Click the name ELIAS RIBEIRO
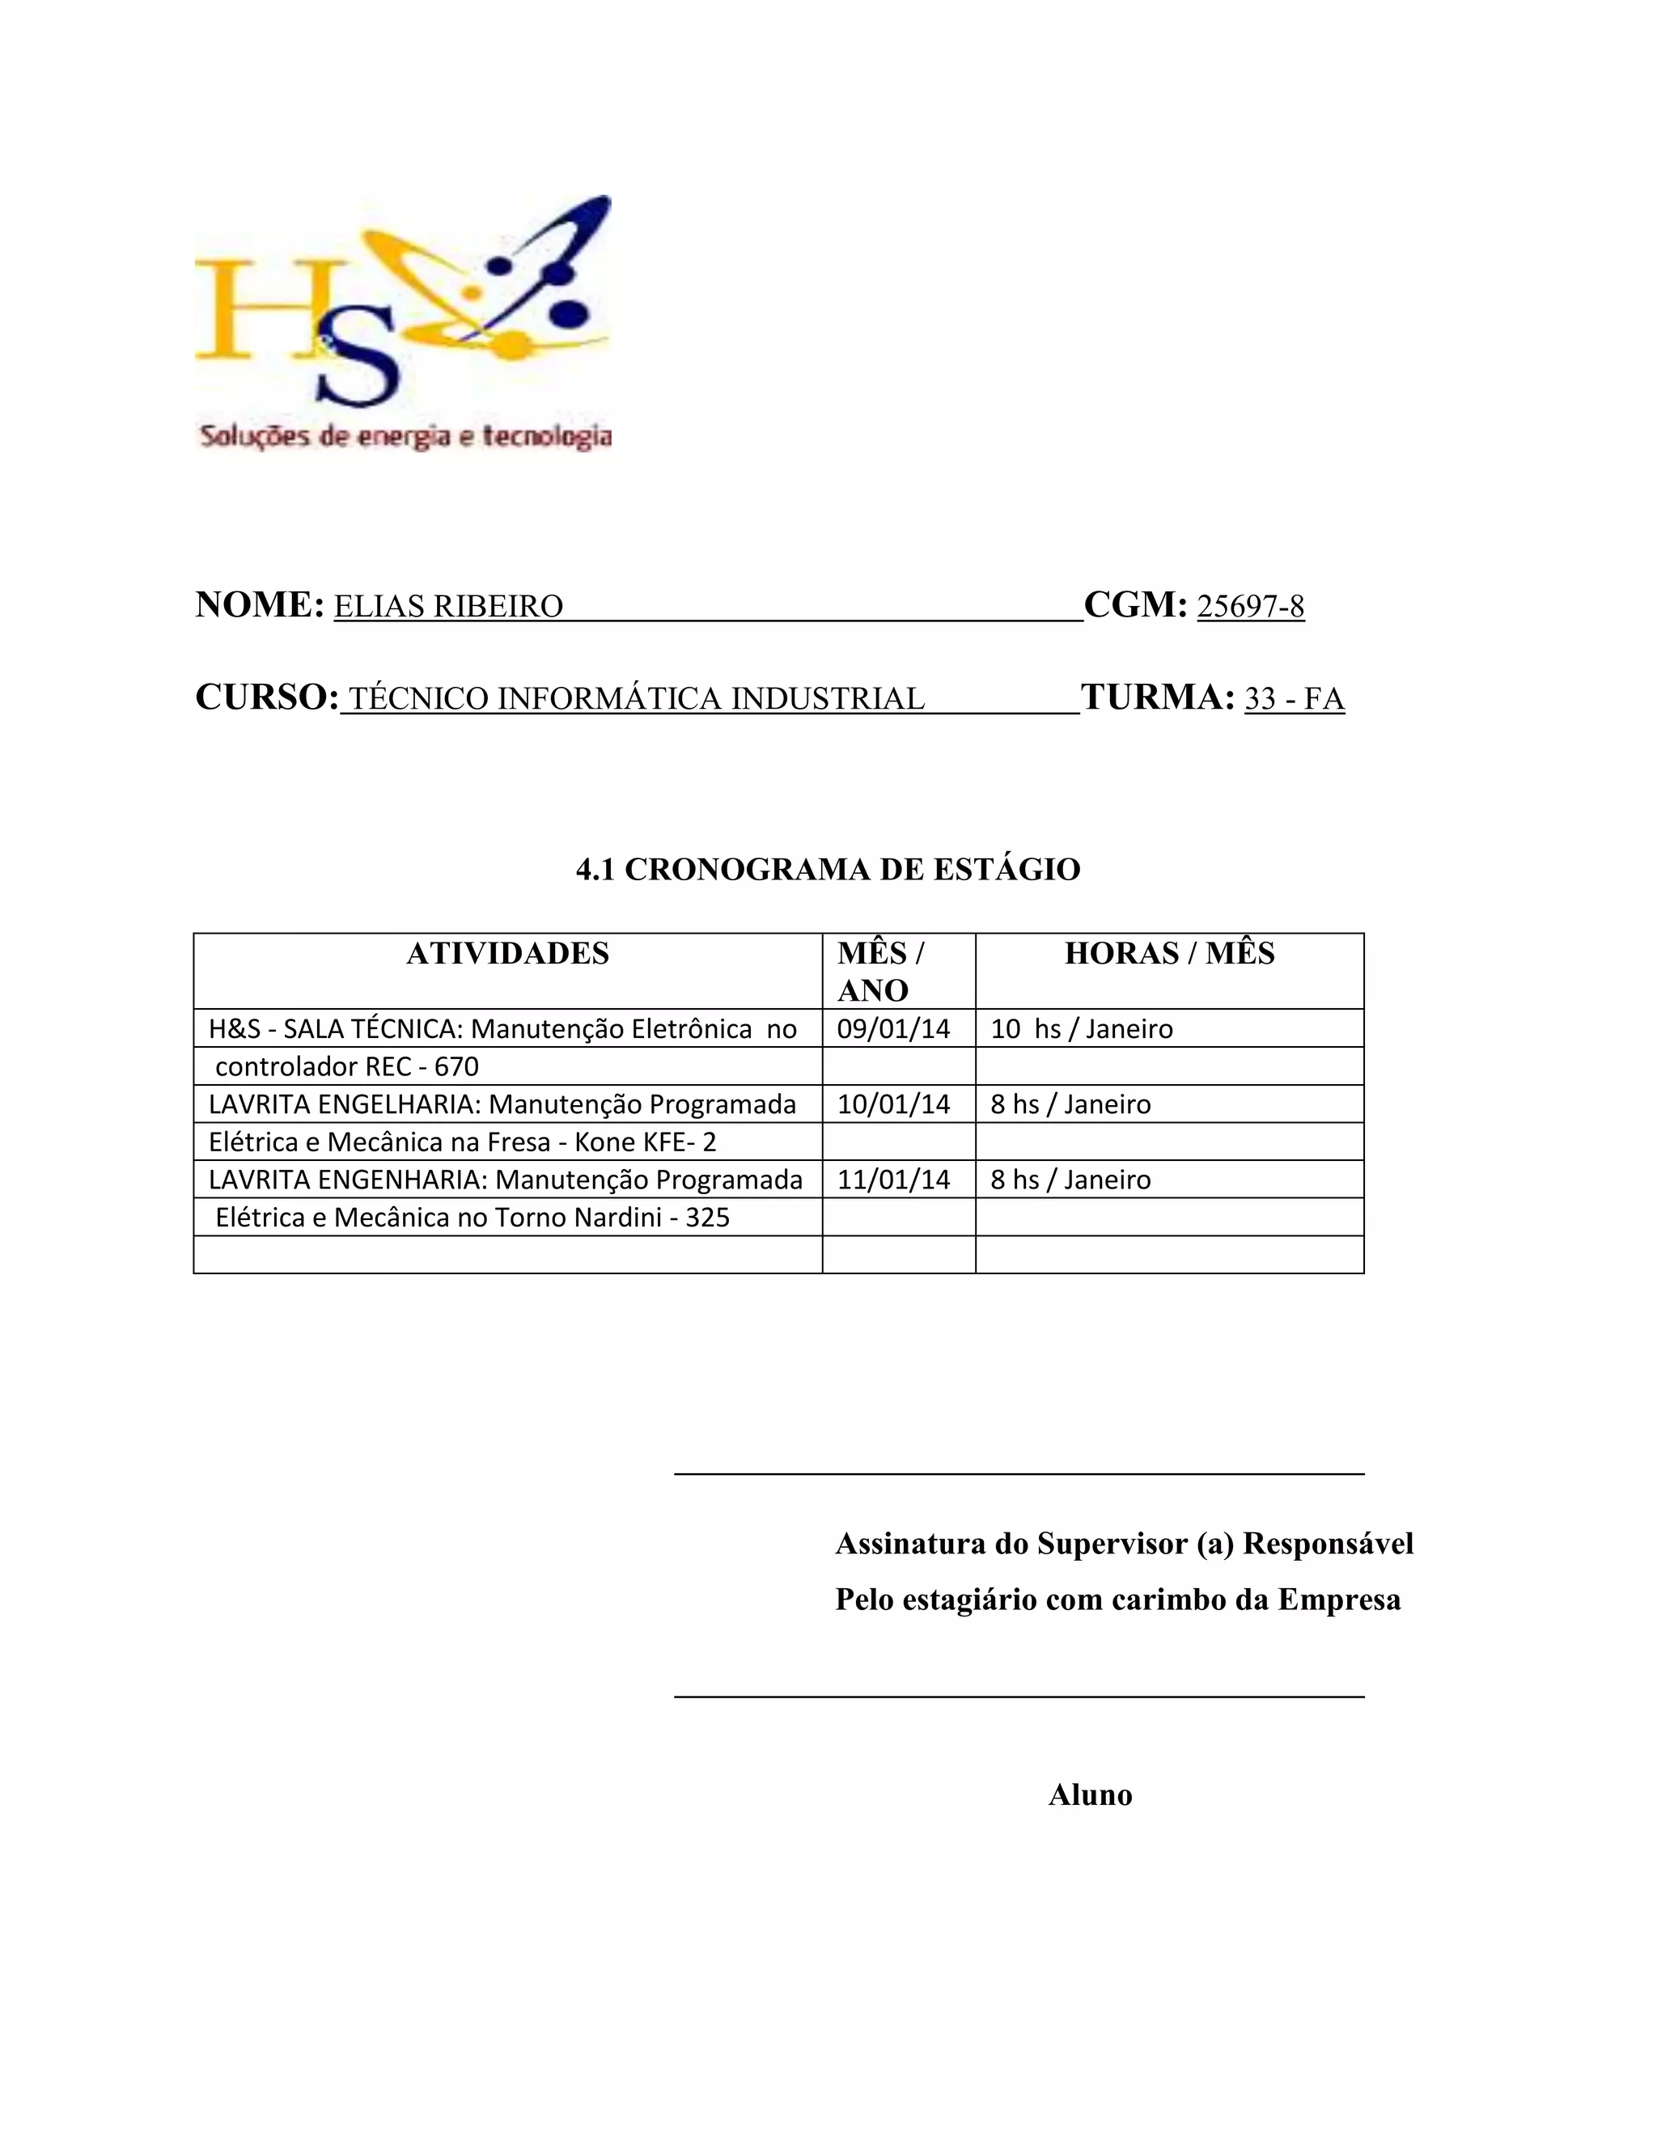tap(448, 607)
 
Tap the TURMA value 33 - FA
tap(1294, 699)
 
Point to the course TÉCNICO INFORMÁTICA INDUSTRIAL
tap(636, 699)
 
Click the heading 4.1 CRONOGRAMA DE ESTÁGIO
tap(828, 870)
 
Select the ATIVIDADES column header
tap(507, 953)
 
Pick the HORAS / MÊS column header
tap(1169, 953)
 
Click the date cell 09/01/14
tap(893, 1029)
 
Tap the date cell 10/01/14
tap(893, 1104)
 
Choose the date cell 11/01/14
tap(893, 1180)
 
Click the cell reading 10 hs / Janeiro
tap(1082, 1029)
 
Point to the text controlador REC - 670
tap(346, 1067)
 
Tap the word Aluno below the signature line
tap(1090, 1795)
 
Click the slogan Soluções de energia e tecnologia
tap(405, 436)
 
